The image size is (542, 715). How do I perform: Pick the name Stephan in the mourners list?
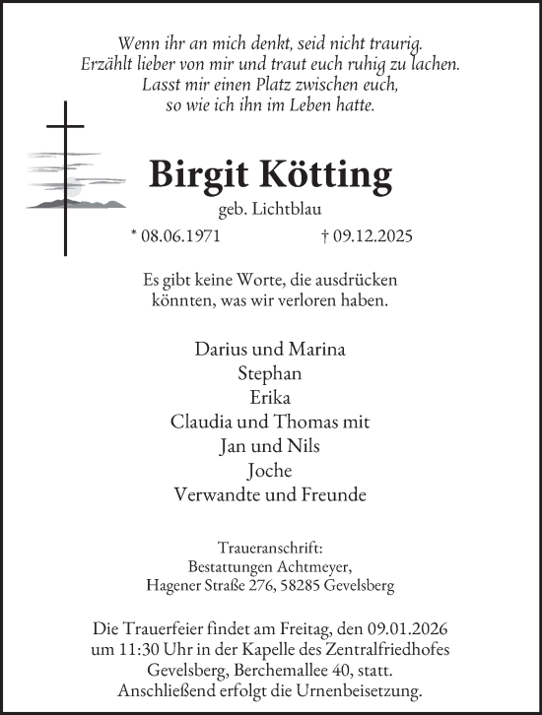[x=270, y=373]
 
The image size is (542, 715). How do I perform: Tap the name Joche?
[x=270, y=470]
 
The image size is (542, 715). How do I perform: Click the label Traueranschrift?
[x=270, y=548]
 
